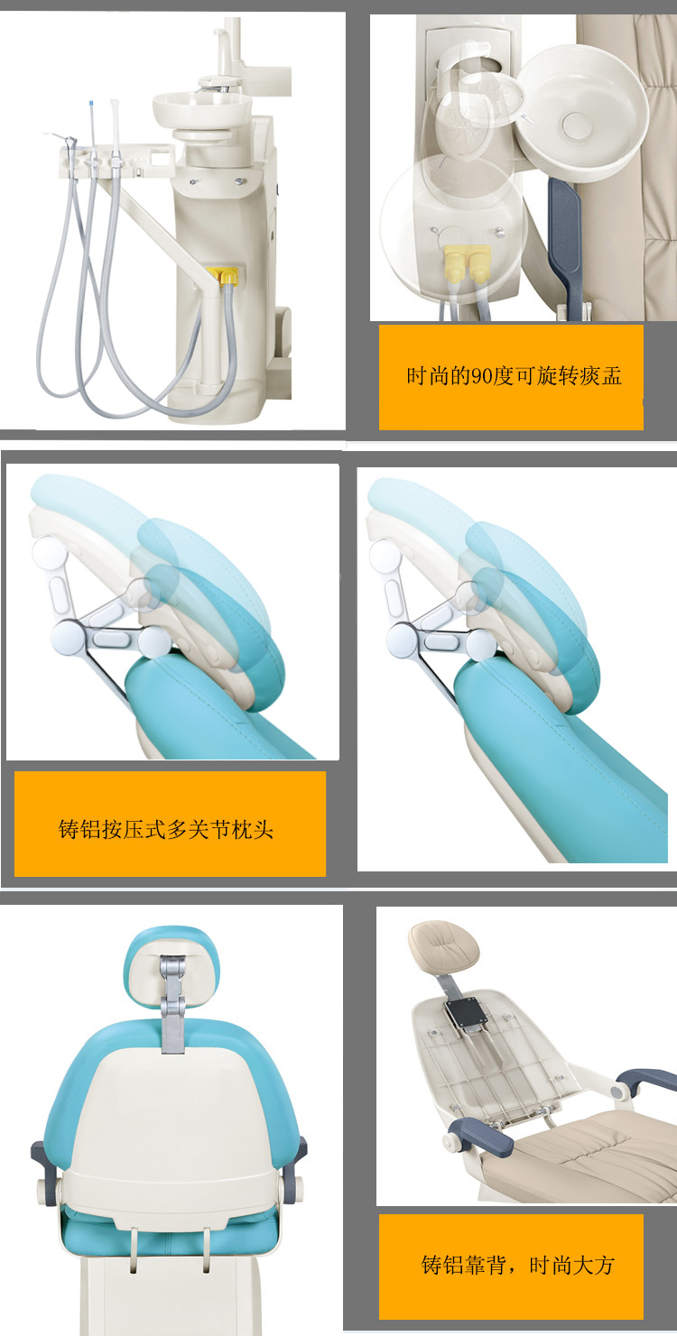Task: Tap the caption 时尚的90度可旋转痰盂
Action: click(x=514, y=376)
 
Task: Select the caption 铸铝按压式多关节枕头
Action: click(x=166, y=829)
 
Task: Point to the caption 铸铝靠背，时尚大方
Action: click(x=517, y=1265)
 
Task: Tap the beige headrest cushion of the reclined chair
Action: click(x=443, y=945)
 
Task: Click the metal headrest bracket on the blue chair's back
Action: click(x=172, y=1003)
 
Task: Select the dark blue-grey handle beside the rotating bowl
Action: click(x=564, y=245)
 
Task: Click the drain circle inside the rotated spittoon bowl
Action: click(x=577, y=124)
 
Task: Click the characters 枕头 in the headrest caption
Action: click(x=252, y=829)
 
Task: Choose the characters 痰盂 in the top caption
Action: click(x=600, y=376)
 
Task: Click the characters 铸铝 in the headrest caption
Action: click(x=80, y=829)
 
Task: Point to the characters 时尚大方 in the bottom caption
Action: click(x=571, y=1265)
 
